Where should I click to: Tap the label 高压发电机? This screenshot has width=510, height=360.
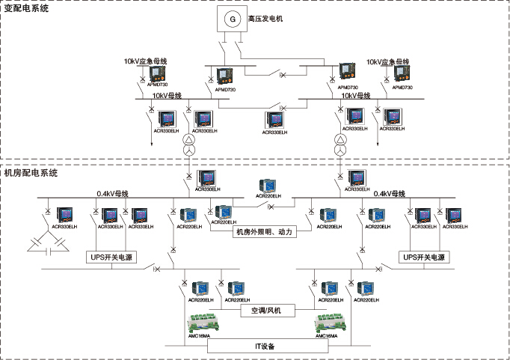coord(267,16)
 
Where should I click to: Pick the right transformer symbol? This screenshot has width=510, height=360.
coord(340,148)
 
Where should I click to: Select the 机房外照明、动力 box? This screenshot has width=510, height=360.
coord(262,232)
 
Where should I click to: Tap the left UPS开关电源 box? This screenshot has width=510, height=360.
coord(113,257)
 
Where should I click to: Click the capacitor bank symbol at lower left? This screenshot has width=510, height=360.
coord(46,243)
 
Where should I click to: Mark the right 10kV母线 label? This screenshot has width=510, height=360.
coord(356,96)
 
